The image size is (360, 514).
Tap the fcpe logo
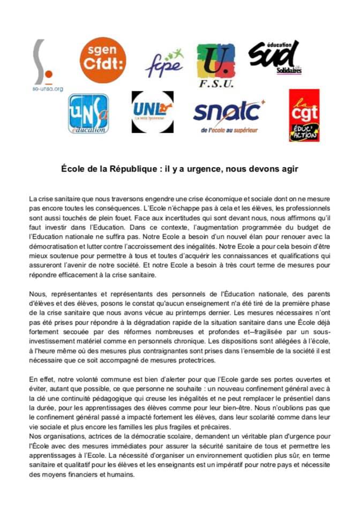[164, 64]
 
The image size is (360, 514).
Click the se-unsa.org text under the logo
[48, 89]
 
